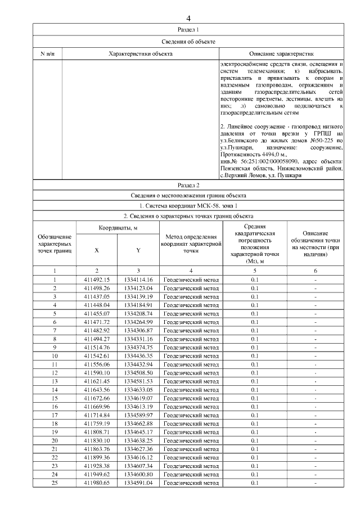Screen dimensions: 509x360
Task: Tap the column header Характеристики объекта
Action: click(x=140, y=54)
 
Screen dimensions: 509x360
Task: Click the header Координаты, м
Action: click(x=118, y=228)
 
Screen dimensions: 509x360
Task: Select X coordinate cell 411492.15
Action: click(x=97, y=280)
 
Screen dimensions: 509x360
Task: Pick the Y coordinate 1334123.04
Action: click(x=138, y=288)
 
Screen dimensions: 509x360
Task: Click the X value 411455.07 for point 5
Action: click(x=97, y=313)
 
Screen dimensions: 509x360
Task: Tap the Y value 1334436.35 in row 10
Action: click(x=138, y=356)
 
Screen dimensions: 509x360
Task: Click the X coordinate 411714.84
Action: click(x=97, y=415)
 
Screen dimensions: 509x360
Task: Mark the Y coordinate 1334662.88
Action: click(x=138, y=424)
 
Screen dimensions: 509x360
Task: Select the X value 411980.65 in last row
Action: click(x=97, y=483)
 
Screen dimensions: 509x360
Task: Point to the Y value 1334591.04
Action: click(x=138, y=483)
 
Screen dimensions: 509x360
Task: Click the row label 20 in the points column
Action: click(x=55, y=440)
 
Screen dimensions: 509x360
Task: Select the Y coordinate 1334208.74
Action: click(x=138, y=313)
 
